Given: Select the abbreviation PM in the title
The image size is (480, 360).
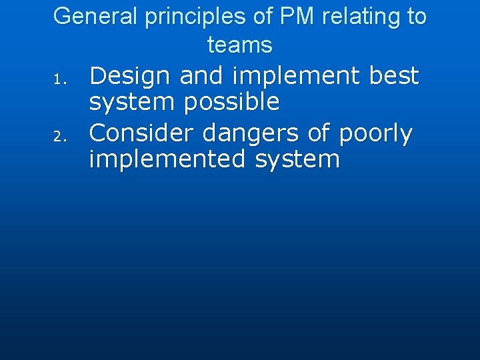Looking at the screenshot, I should click(x=295, y=16).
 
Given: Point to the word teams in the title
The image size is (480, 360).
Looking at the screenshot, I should click(x=240, y=45).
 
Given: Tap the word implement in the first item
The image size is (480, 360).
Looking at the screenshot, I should click(x=296, y=76).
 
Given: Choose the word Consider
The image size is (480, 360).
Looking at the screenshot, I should click(x=142, y=133).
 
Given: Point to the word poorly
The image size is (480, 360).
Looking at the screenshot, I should click(x=375, y=134).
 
